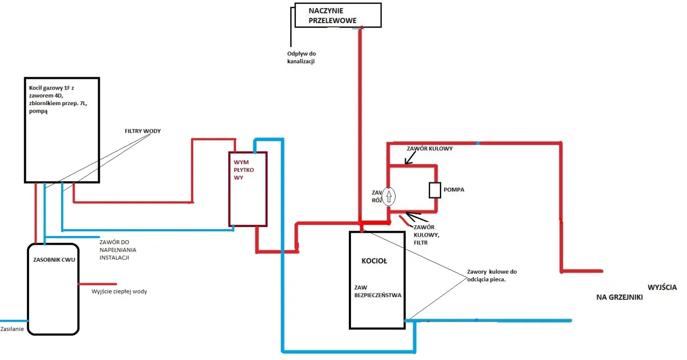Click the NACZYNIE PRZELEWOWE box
pyautogui.click(x=338, y=15)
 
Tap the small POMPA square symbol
pyautogui.click(x=435, y=190)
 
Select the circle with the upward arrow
pyautogui.click(x=390, y=196)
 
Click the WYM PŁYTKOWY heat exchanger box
pyautogui.click(x=248, y=189)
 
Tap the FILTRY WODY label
pyautogui.click(x=143, y=131)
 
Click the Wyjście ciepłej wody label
pyautogui.click(x=119, y=291)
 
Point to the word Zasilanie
pyautogui.click(x=12, y=328)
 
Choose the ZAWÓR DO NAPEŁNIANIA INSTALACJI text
pyautogui.click(x=118, y=249)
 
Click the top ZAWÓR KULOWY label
pyautogui.click(x=430, y=149)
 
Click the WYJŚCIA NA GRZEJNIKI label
pyautogui.click(x=639, y=292)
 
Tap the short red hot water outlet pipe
pyautogui.click(x=97, y=284)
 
